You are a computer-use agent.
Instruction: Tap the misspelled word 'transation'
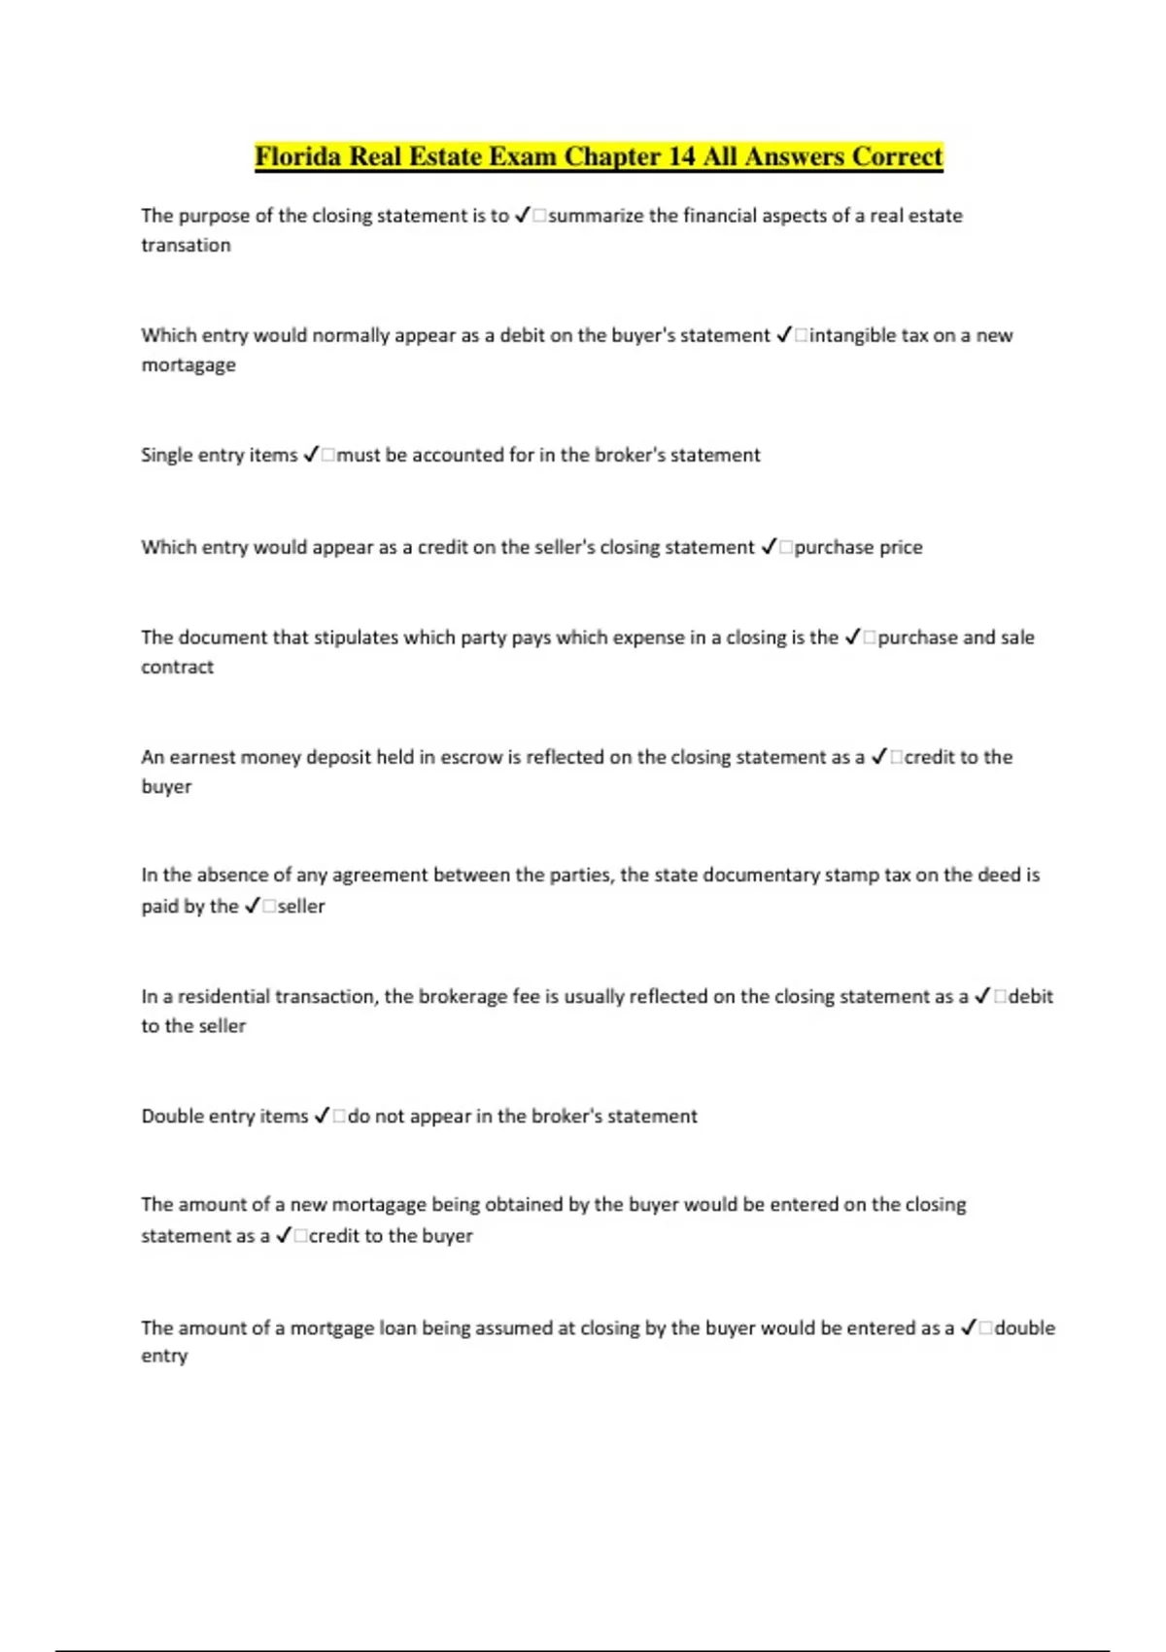[x=186, y=245]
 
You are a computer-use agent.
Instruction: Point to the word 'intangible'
[x=853, y=335]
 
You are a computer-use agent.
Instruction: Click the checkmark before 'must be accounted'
[x=311, y=455]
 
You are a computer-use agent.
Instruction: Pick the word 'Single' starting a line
[x=167, y=455]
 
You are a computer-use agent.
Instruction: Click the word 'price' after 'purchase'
[x=901, y=547]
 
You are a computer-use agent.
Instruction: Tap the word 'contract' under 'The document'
[x=177, y=668]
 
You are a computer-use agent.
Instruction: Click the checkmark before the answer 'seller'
[x=252, y=906]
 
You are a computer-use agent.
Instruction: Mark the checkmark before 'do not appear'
[x=322, y=1116]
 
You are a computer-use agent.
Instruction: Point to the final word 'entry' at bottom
[x=163, y=1356]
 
